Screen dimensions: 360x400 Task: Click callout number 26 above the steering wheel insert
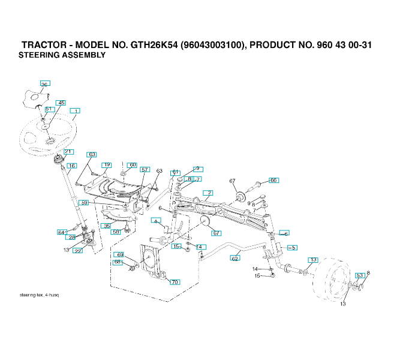(x=44, y=84)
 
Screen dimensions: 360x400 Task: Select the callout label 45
(x=61, y=103)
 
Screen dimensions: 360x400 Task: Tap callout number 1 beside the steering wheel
(x=76, y=111)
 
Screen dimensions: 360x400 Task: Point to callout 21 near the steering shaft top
(x=68, y=152)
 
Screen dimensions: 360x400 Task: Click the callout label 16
(x=71, y=166)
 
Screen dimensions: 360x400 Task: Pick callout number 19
(x=107, y=165)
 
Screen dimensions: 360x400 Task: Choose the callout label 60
(x=133, y=165)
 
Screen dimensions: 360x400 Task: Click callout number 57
(x=145, y=170)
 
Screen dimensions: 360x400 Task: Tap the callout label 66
(x=273, y=180)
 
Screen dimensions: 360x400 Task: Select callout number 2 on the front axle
(x=208, y=193)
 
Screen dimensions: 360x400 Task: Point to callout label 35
(x=107, y=226)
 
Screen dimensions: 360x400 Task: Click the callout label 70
(x=175, y=281)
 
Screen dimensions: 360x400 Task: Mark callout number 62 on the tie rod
(x=235, y=258)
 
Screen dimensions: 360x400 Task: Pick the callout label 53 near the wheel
(x=360, y=275)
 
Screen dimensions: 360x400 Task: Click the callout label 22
(x=77, y=251)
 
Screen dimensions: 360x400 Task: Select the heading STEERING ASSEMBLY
(x=62, y=55)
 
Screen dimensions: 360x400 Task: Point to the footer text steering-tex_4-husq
(x=39, y=295)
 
